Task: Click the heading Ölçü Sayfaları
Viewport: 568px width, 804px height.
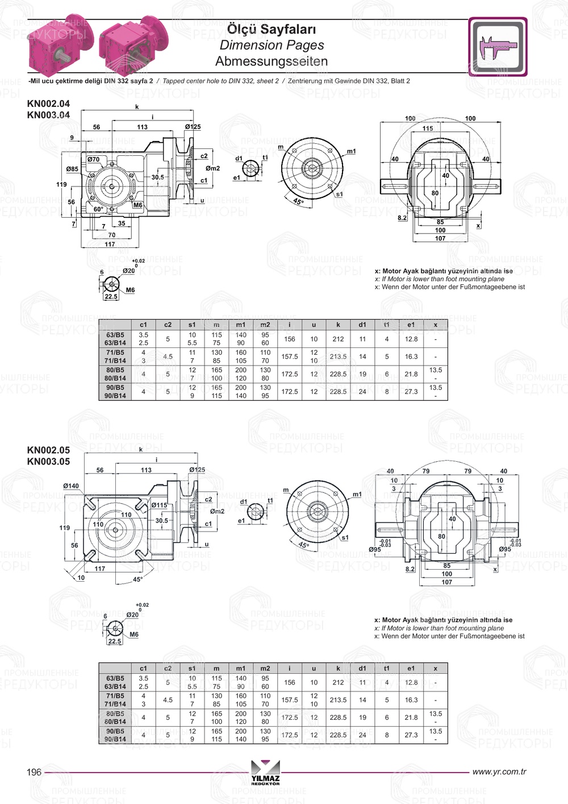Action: click(272, 29)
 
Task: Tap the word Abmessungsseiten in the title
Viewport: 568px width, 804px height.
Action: click(272, 61)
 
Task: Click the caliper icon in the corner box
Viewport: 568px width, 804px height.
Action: click(498, 47)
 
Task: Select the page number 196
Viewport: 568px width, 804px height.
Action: click(34, 772)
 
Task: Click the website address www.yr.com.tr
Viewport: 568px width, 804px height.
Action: click(499, 772)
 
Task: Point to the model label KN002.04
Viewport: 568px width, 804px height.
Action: click(48, 103)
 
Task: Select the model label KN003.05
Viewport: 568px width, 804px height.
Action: click(48, 462)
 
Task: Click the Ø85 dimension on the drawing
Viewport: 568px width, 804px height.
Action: click(72, 169)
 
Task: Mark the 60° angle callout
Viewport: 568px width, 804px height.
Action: click(98, 209)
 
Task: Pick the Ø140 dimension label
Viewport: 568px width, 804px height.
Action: click(71, 486)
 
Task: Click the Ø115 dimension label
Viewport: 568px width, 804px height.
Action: click(159, 505)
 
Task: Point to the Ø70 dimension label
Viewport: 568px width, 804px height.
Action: click(93, 160)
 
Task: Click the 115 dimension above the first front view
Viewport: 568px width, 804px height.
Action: click(428, 129)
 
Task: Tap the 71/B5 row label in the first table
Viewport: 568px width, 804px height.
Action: click(115, 353)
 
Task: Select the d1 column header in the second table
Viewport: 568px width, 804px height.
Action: click(362, 669)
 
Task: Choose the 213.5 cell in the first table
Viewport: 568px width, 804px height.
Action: click(338, 357)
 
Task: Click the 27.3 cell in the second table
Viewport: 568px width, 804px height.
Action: click(411, 735)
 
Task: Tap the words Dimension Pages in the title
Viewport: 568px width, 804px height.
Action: click(272, 45)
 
